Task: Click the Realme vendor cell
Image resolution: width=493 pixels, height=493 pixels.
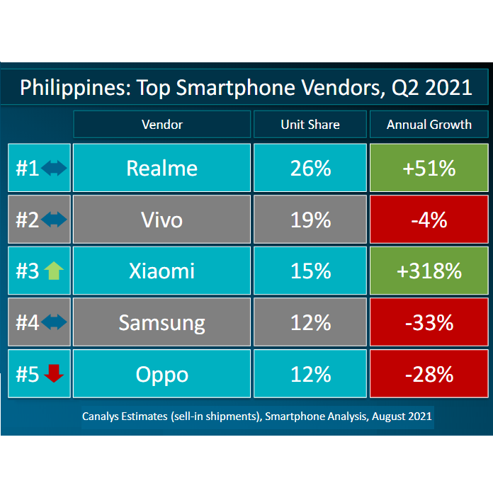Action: coord(161,168)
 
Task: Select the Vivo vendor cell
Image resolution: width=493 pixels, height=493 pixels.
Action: coord(161,220)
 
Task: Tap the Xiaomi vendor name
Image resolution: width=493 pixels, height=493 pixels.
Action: coord(161,271)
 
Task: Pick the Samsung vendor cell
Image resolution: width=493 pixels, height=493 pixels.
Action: coord(161,322)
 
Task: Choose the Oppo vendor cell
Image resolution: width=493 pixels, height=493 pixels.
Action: coord(161,373)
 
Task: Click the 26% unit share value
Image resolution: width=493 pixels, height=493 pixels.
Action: coord(310,168)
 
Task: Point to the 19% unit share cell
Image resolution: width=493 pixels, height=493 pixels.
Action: coord(310,220)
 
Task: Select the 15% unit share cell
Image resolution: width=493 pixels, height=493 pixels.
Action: coord(310,271)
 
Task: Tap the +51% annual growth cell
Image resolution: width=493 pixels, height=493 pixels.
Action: coord(429,168)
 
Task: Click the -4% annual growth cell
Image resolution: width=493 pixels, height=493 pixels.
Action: coord(429,220)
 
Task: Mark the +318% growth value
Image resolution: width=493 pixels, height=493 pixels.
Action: coord(429,271)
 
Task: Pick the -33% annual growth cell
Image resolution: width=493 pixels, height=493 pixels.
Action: coord(429,322)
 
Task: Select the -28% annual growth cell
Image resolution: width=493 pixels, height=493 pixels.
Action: coord(429,373)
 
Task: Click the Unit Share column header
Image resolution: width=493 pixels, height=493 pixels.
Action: coord(310,125)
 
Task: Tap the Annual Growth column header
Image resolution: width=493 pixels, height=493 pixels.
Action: coord(429,125)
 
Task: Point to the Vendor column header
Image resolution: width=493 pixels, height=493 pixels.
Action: coord(161,125)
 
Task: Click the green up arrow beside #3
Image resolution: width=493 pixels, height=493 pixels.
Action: coord(54,271)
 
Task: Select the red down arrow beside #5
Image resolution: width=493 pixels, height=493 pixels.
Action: coord(54,373)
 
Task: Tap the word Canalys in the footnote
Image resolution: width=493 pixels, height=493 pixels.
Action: coord(103,416)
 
